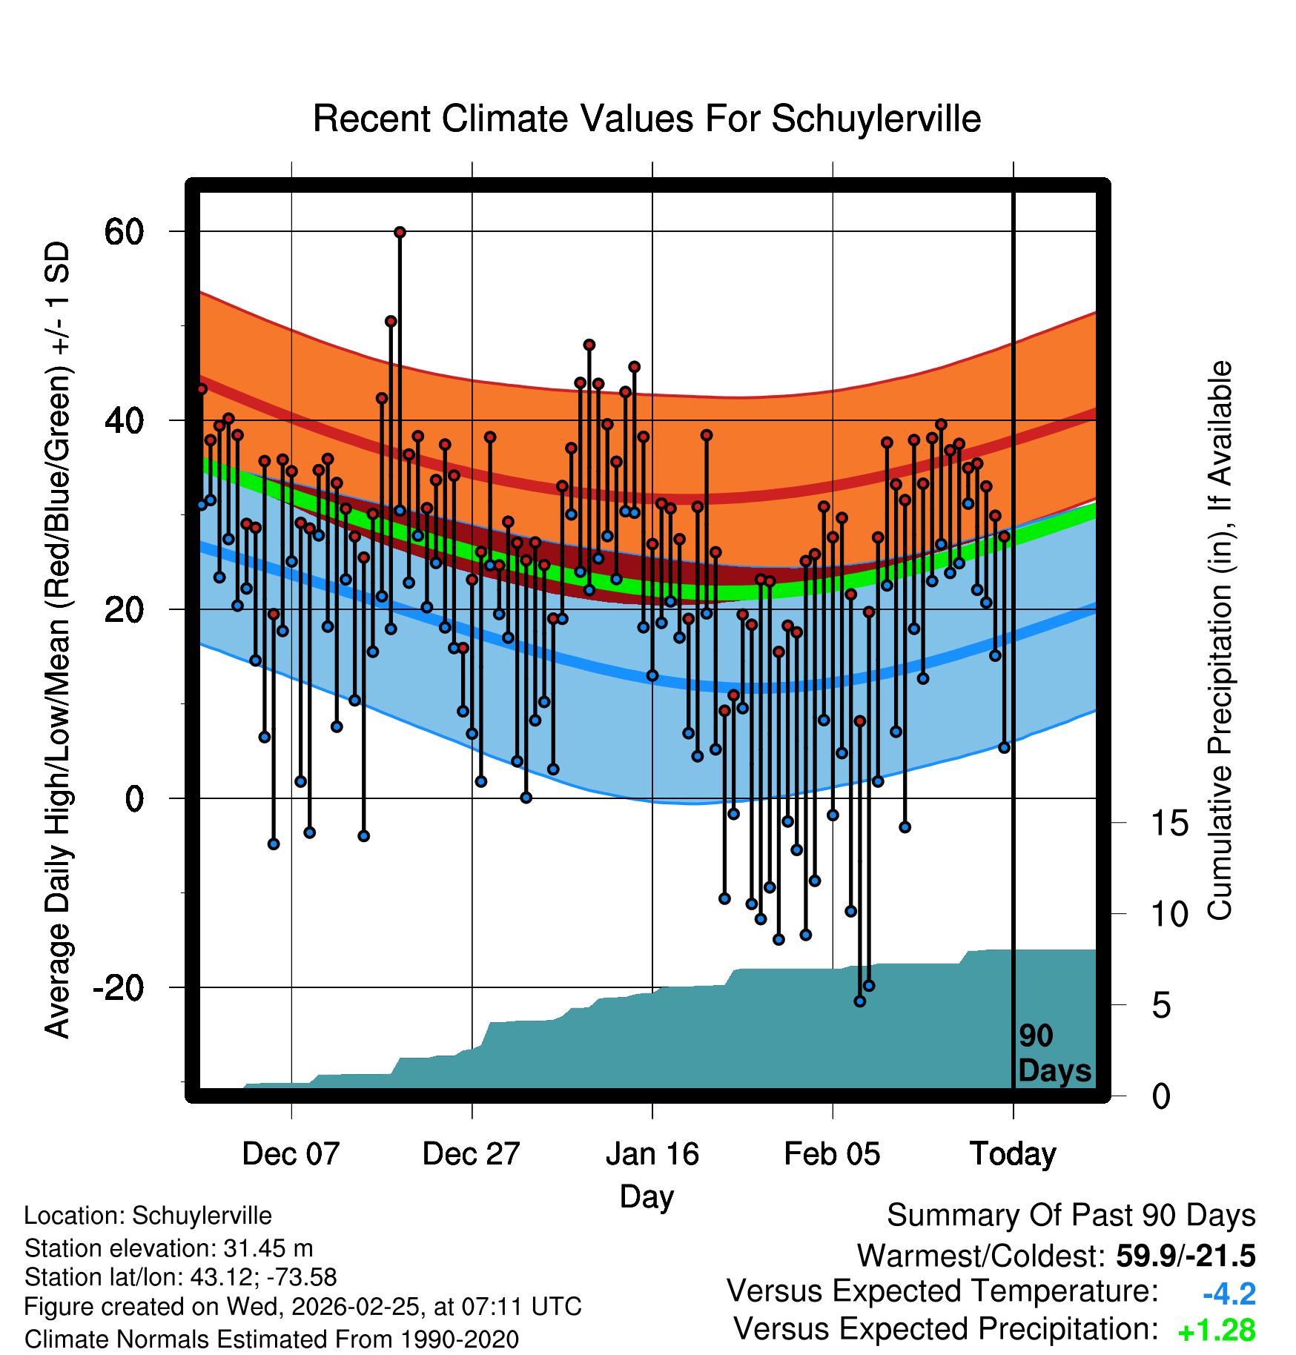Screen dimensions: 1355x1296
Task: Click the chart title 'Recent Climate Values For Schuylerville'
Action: [x=647, y=119]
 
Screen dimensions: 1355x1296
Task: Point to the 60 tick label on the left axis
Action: [x=124, y=232]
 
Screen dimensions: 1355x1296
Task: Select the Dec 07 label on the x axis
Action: [x=291, y=1154]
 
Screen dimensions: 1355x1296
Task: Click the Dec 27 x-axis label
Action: [x=471, y=1154]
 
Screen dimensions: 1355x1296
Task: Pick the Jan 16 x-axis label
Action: [x=652, y=1154]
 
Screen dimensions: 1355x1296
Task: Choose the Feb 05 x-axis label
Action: [x=832, y=1154]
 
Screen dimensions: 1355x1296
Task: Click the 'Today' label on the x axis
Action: [x=1013, y=1154]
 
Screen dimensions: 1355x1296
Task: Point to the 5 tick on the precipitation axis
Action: [x=1162, y=1006]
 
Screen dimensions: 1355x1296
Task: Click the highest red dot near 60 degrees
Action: [x=400, y=232]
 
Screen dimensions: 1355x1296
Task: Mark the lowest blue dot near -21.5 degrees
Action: [x=859, y=1001]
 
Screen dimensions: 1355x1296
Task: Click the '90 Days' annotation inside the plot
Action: [x=1054, y=1053]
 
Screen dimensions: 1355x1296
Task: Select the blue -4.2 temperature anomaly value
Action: [x=1229, y=1294]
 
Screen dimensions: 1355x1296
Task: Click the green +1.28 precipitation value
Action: [x=1217, y=1331]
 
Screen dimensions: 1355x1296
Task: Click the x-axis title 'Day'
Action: [x=647, y=1196]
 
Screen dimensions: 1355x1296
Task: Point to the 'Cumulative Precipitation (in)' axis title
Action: [x=1220, y=640]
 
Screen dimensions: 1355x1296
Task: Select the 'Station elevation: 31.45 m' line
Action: [x=168, y=1248]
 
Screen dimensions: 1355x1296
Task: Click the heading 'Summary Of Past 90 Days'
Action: [x=1071, y=1216]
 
